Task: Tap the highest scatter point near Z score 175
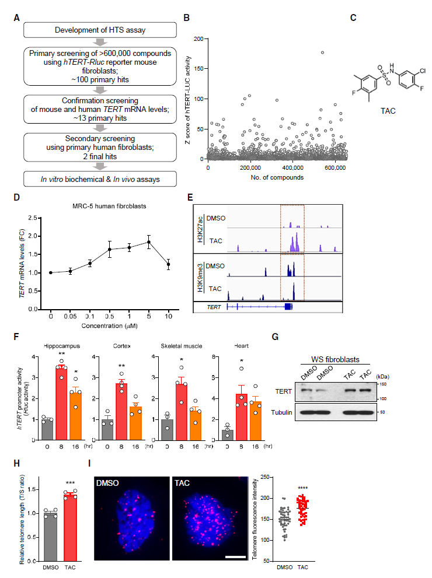tap(322, 52)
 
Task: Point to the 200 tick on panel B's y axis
tap(203, 38)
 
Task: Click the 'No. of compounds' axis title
tap(276, 177)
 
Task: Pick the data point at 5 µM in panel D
tap(149, 242)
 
